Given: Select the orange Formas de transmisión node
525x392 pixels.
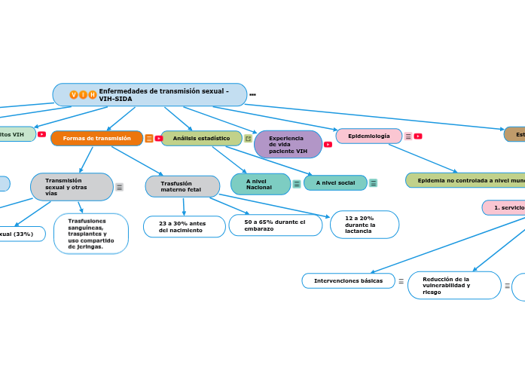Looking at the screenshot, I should (x=96, y=138).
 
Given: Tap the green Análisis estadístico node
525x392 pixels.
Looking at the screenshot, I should (x=201, y=138).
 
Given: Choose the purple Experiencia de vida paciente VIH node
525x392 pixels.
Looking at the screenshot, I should (x=287, y=145).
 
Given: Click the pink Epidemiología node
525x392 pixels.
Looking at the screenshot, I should (x=368, y=136).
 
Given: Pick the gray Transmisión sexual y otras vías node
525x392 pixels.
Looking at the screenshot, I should (x=72, y=187).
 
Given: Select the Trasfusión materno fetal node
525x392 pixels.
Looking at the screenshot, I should (x=182, y=186).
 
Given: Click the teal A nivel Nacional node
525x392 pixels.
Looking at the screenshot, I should (x=260, y=184).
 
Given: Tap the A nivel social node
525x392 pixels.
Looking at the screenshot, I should (x=335, y=183).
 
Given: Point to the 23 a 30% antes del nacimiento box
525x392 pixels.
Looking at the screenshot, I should (x=184, y=226).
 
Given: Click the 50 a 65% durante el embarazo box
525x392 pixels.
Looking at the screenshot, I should (x=275, y=225).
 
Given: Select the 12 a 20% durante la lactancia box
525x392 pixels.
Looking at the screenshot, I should (x=364, y=225).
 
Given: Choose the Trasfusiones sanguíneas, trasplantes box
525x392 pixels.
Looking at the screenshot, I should (x=91, y=234).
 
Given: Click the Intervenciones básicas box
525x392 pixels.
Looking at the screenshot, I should (x=348, y=280).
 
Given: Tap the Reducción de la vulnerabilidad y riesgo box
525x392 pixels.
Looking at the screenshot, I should (x=453, y=285).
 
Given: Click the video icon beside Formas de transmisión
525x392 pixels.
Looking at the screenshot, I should (x=159, y=138).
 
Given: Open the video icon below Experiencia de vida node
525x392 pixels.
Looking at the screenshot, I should (x=328, y=144).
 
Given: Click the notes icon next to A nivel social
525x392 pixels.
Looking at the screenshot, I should (x=373, y=183).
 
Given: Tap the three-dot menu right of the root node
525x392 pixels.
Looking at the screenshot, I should (x=252, y=95).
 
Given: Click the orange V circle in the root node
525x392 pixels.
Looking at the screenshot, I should (x=73, y=95).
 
